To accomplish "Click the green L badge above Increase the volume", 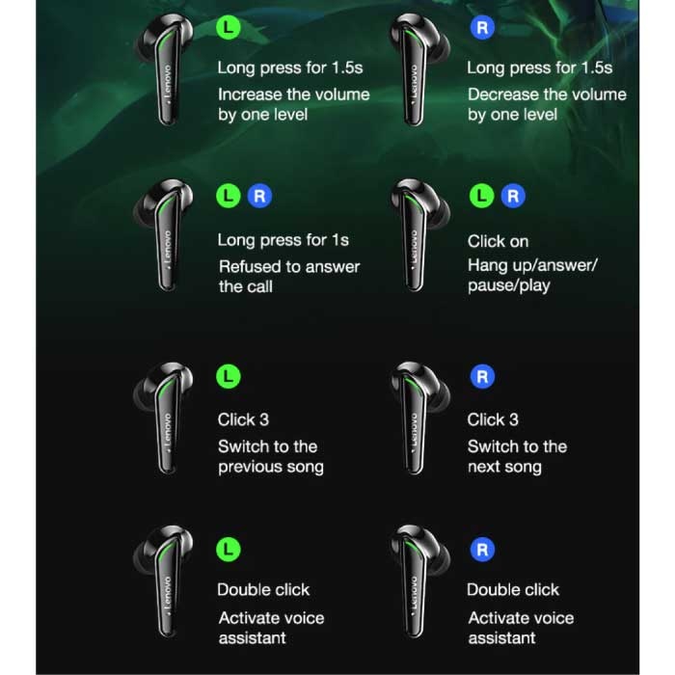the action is pyautogui.click(x=229, y=28).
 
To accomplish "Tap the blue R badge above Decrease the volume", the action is pyautogui.click(x=482, y=28).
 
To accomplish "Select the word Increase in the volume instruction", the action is pyautogui.click(x=253, y=94).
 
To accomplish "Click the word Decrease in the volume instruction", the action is pyautogui.click(x=504, y=94).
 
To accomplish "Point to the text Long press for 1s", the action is pyautogui.click(x=283, y=240).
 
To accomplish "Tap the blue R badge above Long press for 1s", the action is pyautogui.click(x=259, y=197).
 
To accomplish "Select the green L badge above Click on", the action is pyautogui.click(x=481, y=197).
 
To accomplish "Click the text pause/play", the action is pyautogui.click(x=509, y=285).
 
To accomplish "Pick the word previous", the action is pyautogui.click(x=250, y=467).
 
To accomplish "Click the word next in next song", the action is pyautogui.click(x=483, y=467).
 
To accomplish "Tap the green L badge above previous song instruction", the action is pyautogui.click(x=229, y=377).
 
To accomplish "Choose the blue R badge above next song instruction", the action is pyautogui.click(x=482, y=377).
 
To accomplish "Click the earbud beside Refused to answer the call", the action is pyautogui.click(x=166, y=234).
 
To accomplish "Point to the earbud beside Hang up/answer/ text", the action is pyautogui.click(x=418, y=234).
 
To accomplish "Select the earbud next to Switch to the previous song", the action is pyautogui.click(x=166, y=418).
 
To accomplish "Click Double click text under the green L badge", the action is pyautogui.click(x=263, y=590).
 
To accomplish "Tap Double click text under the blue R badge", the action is pyautogui.click(x=513, y=590).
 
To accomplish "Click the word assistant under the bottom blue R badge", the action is pyautogui.click(x=502, y=638).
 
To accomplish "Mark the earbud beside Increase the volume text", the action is pyautogui.click(x=166, y=68).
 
